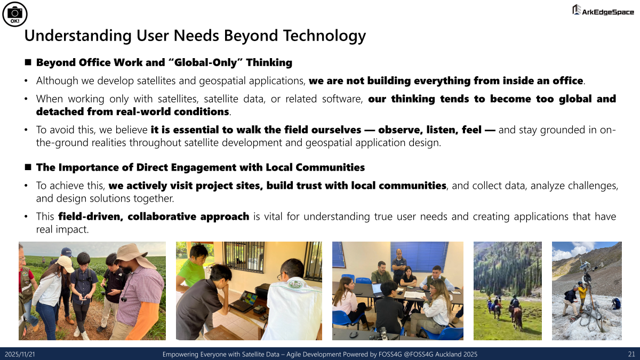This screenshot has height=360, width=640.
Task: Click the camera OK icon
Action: tap(15, 14)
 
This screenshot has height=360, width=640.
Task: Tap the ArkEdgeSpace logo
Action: tap(603, 10)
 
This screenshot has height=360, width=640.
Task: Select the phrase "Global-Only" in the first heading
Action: tap(205, 62)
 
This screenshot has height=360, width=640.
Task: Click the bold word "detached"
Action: tap(60, 111)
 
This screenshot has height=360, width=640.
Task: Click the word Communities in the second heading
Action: tap(330, 167)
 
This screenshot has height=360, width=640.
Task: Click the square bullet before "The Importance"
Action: tap(28, 167)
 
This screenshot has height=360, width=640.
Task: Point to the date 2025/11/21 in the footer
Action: tap(20, 354)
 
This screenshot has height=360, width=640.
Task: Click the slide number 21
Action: tap(631, 354)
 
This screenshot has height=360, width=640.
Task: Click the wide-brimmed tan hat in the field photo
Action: tap(131, 255)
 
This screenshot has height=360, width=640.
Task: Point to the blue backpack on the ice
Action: tap(616, 303)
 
